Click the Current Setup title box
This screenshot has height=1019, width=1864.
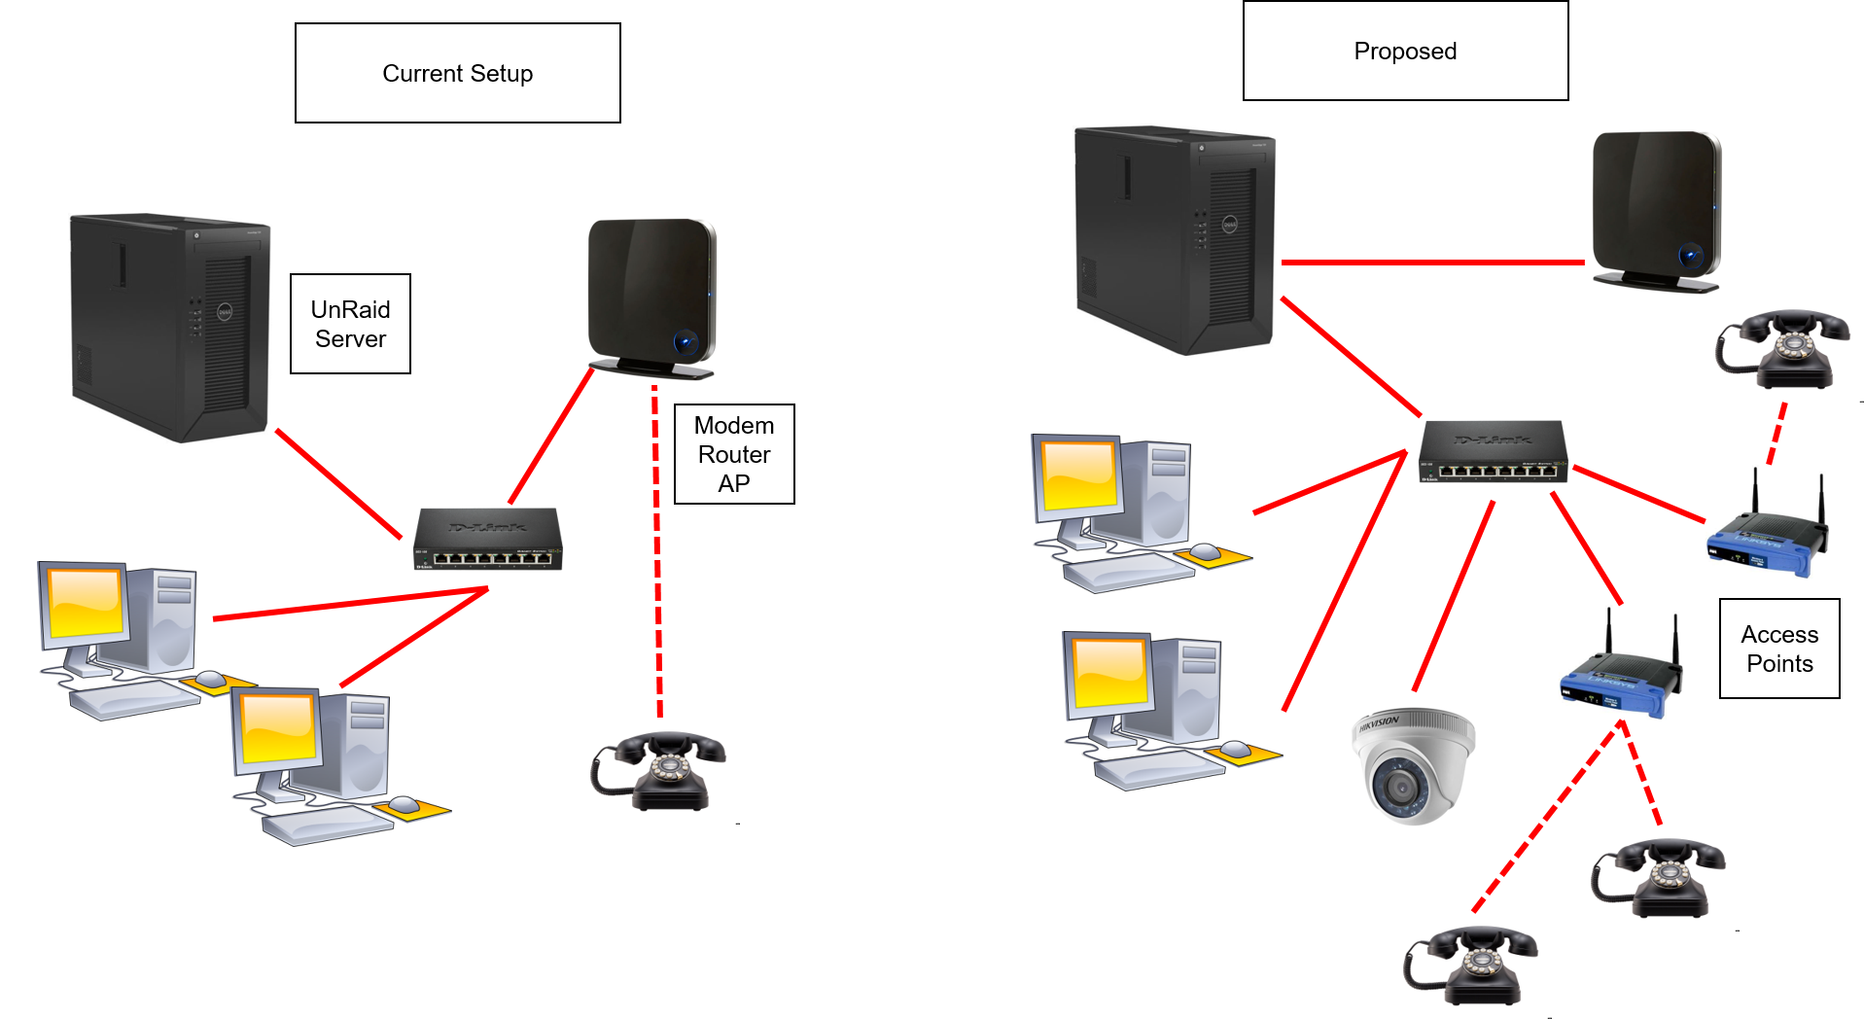457,73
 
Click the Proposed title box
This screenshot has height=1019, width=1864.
1405,51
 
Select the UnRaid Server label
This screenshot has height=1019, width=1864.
350,324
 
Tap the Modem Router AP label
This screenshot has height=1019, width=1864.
734,454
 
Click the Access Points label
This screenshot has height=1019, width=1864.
1779,649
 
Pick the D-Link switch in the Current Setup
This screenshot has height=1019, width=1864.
488,539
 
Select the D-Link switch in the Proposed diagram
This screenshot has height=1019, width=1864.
1493,452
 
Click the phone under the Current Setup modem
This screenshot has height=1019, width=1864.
659,771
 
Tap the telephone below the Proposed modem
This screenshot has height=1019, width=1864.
1782,349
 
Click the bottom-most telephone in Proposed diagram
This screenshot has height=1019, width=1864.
1471,966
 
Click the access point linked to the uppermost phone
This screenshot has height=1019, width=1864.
1767,523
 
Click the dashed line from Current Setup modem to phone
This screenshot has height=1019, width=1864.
657,554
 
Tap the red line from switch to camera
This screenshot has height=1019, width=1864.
1453,595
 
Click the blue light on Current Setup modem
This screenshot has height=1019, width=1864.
686,341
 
